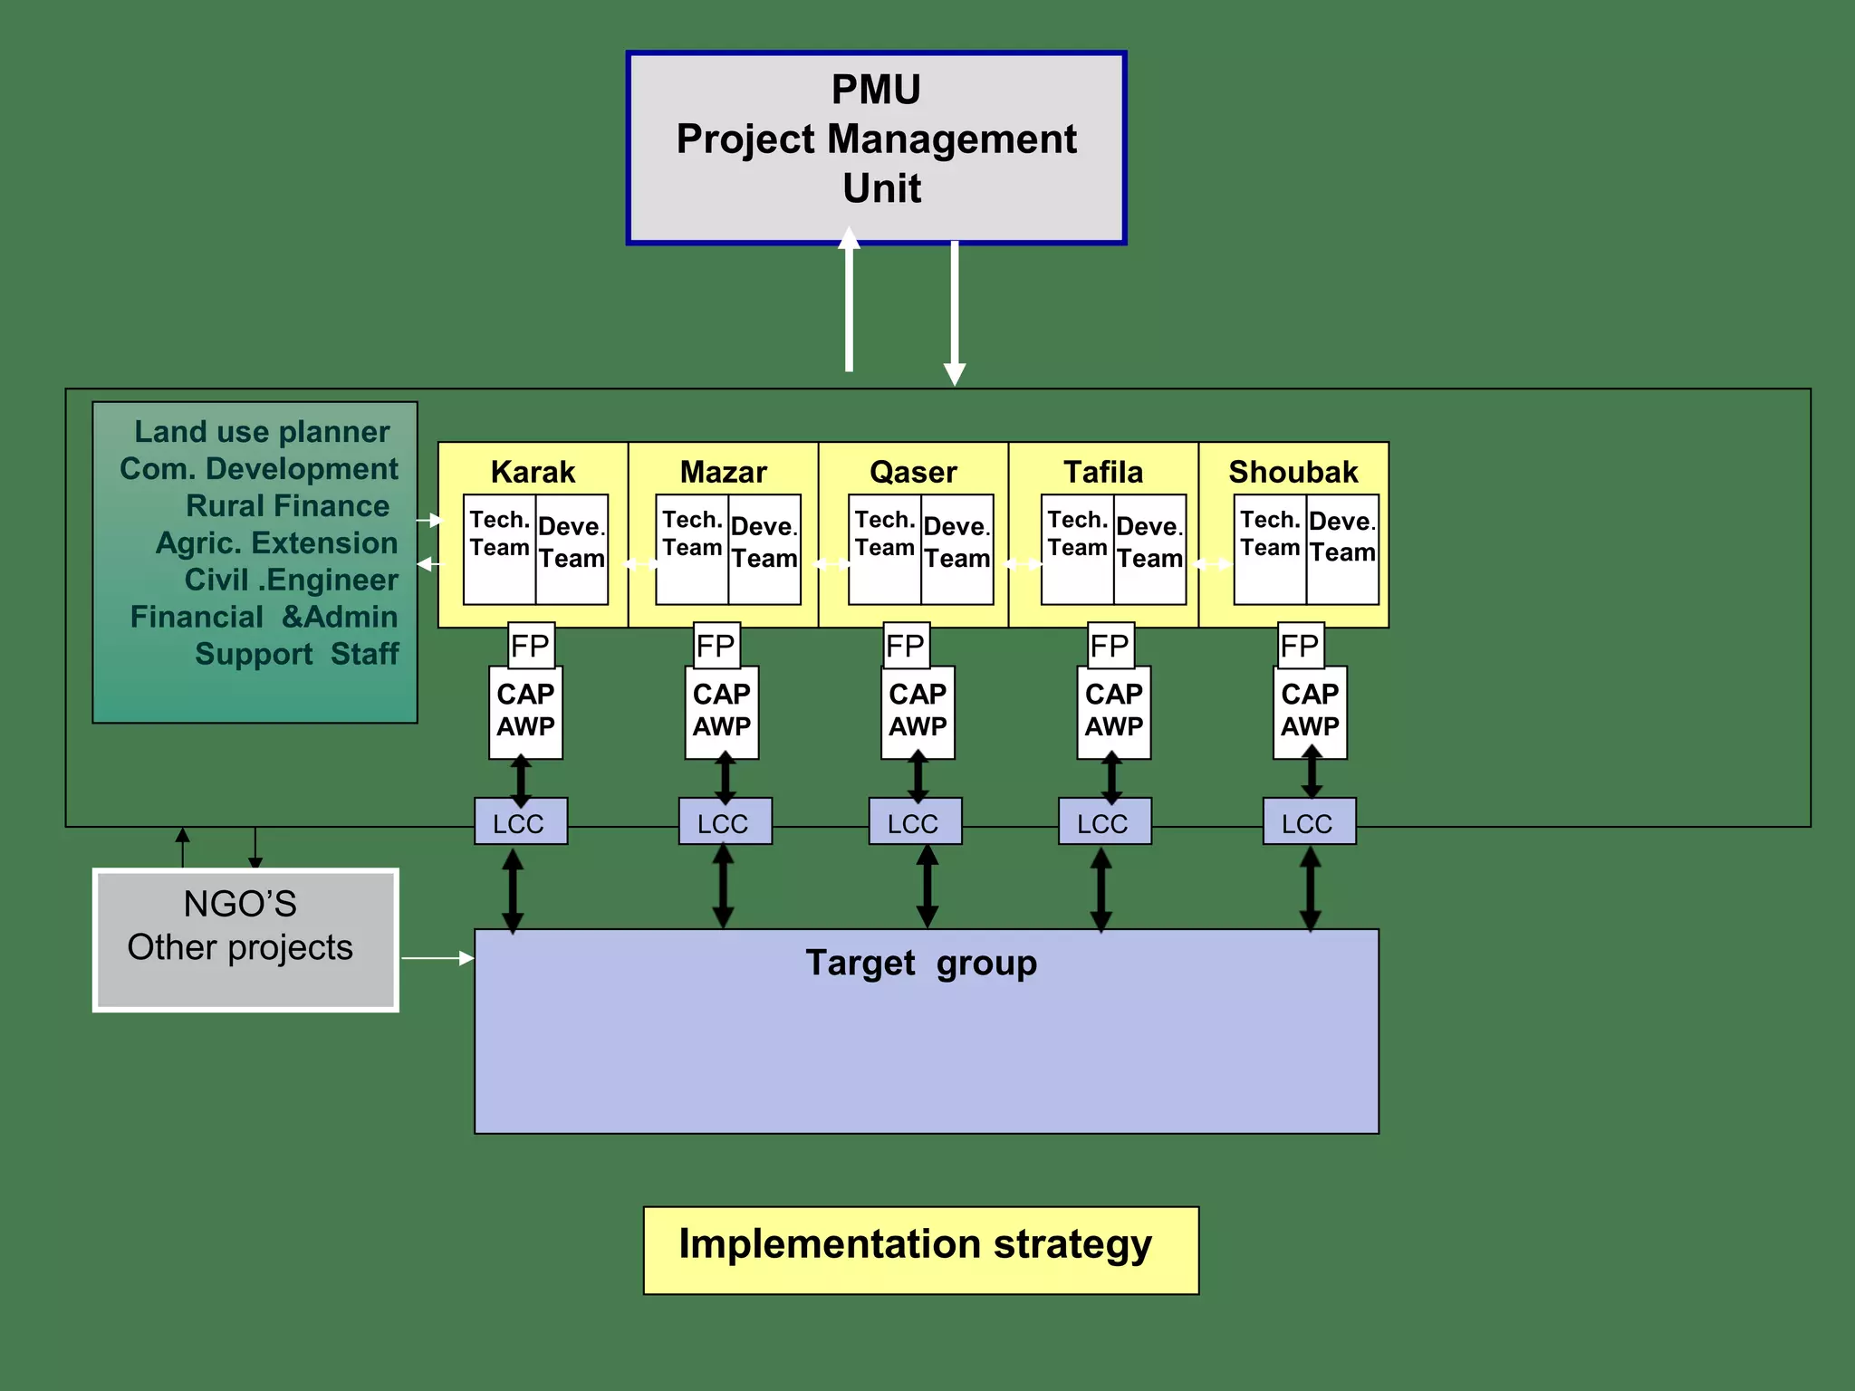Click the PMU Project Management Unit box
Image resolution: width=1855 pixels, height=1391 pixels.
coord(876,148)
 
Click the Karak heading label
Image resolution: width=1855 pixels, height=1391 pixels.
coord(533,472)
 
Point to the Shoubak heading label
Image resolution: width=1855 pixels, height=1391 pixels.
coord(1293,472)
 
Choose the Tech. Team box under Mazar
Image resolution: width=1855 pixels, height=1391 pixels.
coord(691,549)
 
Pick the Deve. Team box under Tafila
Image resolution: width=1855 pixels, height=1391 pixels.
coord(1149,549)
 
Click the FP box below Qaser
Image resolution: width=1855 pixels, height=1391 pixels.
coord(906,646)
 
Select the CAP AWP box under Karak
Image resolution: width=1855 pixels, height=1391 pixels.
coord(525,712)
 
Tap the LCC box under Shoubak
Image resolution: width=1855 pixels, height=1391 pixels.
coord(1308,822)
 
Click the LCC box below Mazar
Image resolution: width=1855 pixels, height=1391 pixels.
coord(725,822)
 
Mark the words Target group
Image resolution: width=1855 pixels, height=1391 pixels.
coord(921,963)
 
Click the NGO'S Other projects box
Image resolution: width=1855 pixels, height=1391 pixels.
coord(245,939)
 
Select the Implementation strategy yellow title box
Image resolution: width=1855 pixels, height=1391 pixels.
coord(920,1250)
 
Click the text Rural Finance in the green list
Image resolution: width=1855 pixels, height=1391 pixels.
coord(287,505)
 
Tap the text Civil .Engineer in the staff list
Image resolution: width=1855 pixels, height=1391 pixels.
coord(291,580)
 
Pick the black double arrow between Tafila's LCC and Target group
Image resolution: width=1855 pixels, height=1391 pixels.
coord(1101,889)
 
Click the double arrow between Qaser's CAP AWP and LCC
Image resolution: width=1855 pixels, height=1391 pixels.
coord(918,778)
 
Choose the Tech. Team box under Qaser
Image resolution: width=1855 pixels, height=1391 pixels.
coord(884,549)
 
